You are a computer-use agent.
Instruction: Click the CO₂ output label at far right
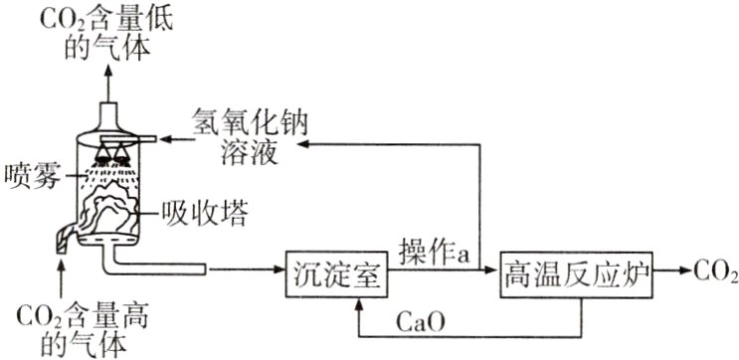714,270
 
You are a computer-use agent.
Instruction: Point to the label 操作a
434,252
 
